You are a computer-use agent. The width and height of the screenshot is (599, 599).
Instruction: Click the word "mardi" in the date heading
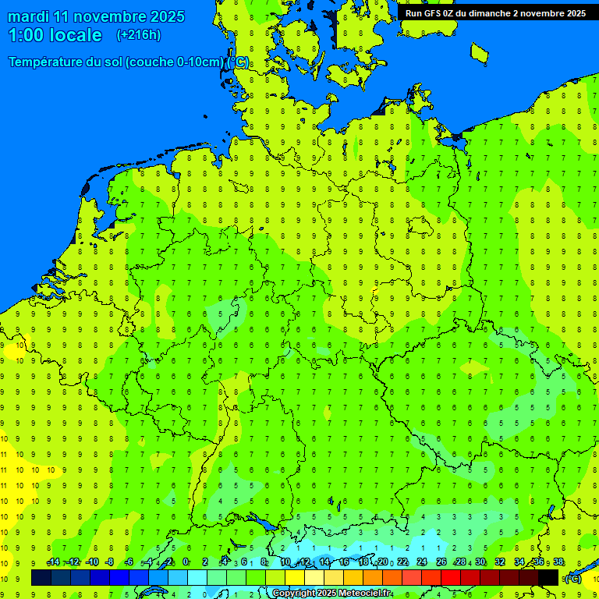pos(27,16)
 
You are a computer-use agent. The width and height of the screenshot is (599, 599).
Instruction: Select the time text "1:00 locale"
pos(55,35)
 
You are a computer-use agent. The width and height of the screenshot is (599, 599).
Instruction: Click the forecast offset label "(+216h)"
pos(138,35)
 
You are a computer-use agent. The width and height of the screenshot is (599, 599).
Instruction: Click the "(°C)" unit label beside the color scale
pos(572,578)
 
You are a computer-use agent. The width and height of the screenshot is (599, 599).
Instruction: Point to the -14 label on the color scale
pos(53,562)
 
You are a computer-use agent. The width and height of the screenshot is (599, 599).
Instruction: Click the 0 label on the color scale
pos(186,562)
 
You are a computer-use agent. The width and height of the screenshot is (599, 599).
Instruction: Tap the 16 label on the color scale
pos(344,562)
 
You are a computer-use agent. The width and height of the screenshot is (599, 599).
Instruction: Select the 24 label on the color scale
pos(422,562)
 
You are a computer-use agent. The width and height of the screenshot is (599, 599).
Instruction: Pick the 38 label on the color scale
pos(558,562)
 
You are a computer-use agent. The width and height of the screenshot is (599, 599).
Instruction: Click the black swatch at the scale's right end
pos(548,577)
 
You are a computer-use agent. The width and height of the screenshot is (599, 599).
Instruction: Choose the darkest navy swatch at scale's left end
pos(41,577)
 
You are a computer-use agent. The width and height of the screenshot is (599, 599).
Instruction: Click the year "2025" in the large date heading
pos(165,16)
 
